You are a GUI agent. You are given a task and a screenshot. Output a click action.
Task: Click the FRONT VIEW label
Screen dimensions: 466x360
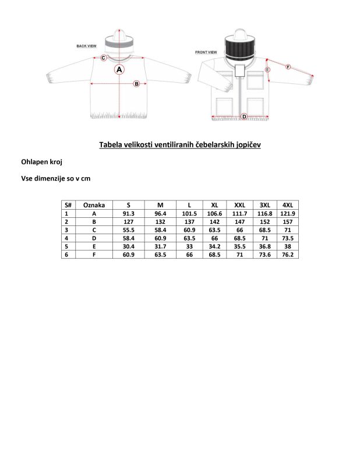tap(206, 52)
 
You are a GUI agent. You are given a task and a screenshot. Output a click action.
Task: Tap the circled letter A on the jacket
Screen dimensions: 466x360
tap(119, 69)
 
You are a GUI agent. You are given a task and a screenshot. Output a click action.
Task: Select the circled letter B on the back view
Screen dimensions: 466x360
tap(136, 83)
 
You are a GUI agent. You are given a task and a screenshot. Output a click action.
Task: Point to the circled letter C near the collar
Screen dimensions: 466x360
tap(103, 58)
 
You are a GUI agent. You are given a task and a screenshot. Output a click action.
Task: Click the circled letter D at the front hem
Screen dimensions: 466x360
tap(243, 116)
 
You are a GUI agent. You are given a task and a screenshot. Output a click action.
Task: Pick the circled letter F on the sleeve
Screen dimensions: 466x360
tap(288, 67)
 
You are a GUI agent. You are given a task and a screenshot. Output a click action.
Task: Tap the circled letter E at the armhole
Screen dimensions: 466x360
tap(267, 69)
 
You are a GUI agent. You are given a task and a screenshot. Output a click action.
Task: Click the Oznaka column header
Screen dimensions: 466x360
tap(94, 205)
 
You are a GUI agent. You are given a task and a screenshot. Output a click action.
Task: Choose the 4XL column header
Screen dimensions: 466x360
tap(288, 205)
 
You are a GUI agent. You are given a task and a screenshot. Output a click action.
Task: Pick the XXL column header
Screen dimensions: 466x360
tap(239, 205)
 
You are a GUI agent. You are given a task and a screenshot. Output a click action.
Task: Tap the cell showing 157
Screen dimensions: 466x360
tap(288, 222)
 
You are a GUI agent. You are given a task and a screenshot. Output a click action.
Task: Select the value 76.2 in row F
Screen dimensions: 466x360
tap(288, 255)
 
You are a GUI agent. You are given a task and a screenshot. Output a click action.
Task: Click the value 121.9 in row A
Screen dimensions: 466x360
tap(288, 214)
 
